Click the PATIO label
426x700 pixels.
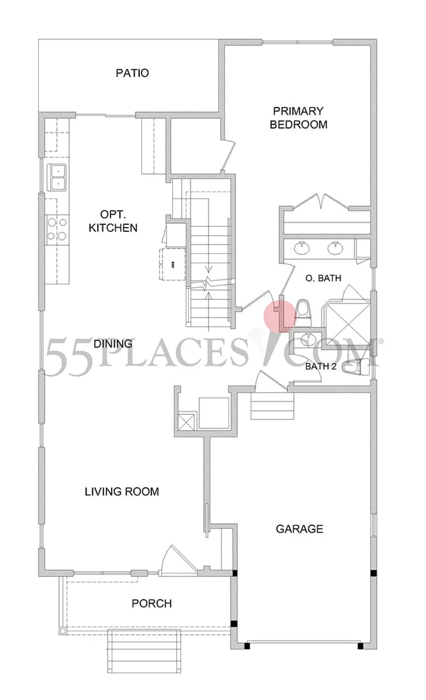(132, 73)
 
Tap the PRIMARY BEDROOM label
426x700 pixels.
(298, 117)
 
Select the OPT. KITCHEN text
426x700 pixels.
(118, 221)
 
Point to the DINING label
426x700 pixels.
(113, 344)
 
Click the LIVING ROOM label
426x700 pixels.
(122, 492)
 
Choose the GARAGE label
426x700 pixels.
(299, 529)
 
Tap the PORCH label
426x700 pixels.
(152, 603)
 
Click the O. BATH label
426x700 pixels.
(323, 278)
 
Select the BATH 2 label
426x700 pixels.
(320, 367)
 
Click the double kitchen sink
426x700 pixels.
(57, 177)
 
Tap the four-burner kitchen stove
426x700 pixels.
(57, 229)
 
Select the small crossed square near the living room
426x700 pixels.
(187, 421)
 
